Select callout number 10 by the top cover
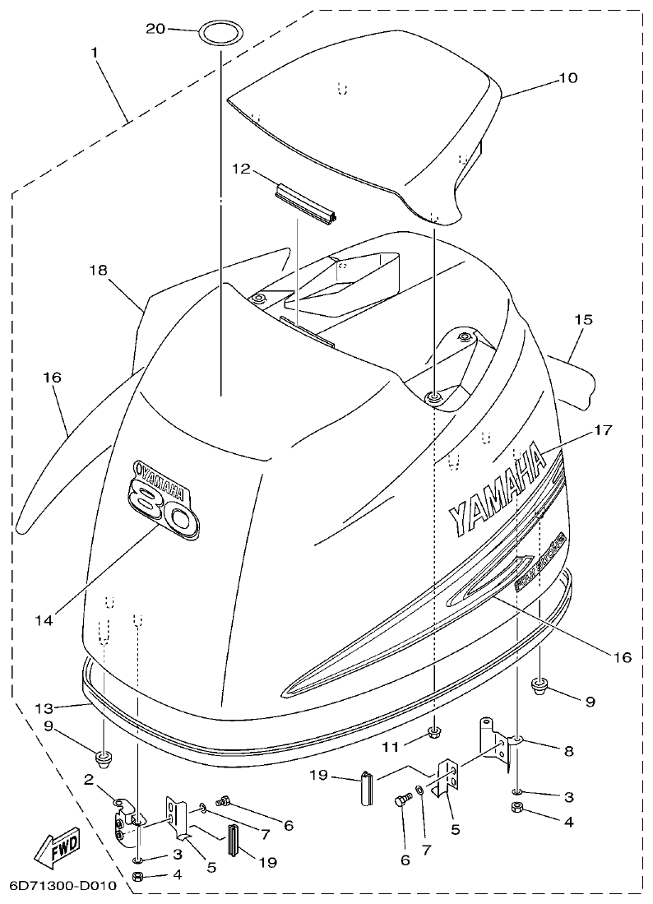pyautogui.click(x=568, y=78)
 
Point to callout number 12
pyautogui.click(x=240, y=168)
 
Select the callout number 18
pyautogui.click(x=98, y=270)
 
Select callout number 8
pyautogui.click(x=569, y=750)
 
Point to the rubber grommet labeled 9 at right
pyautogui.click(x=540, y=684)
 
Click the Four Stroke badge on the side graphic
pyautogui.click(x=540, y=562)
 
